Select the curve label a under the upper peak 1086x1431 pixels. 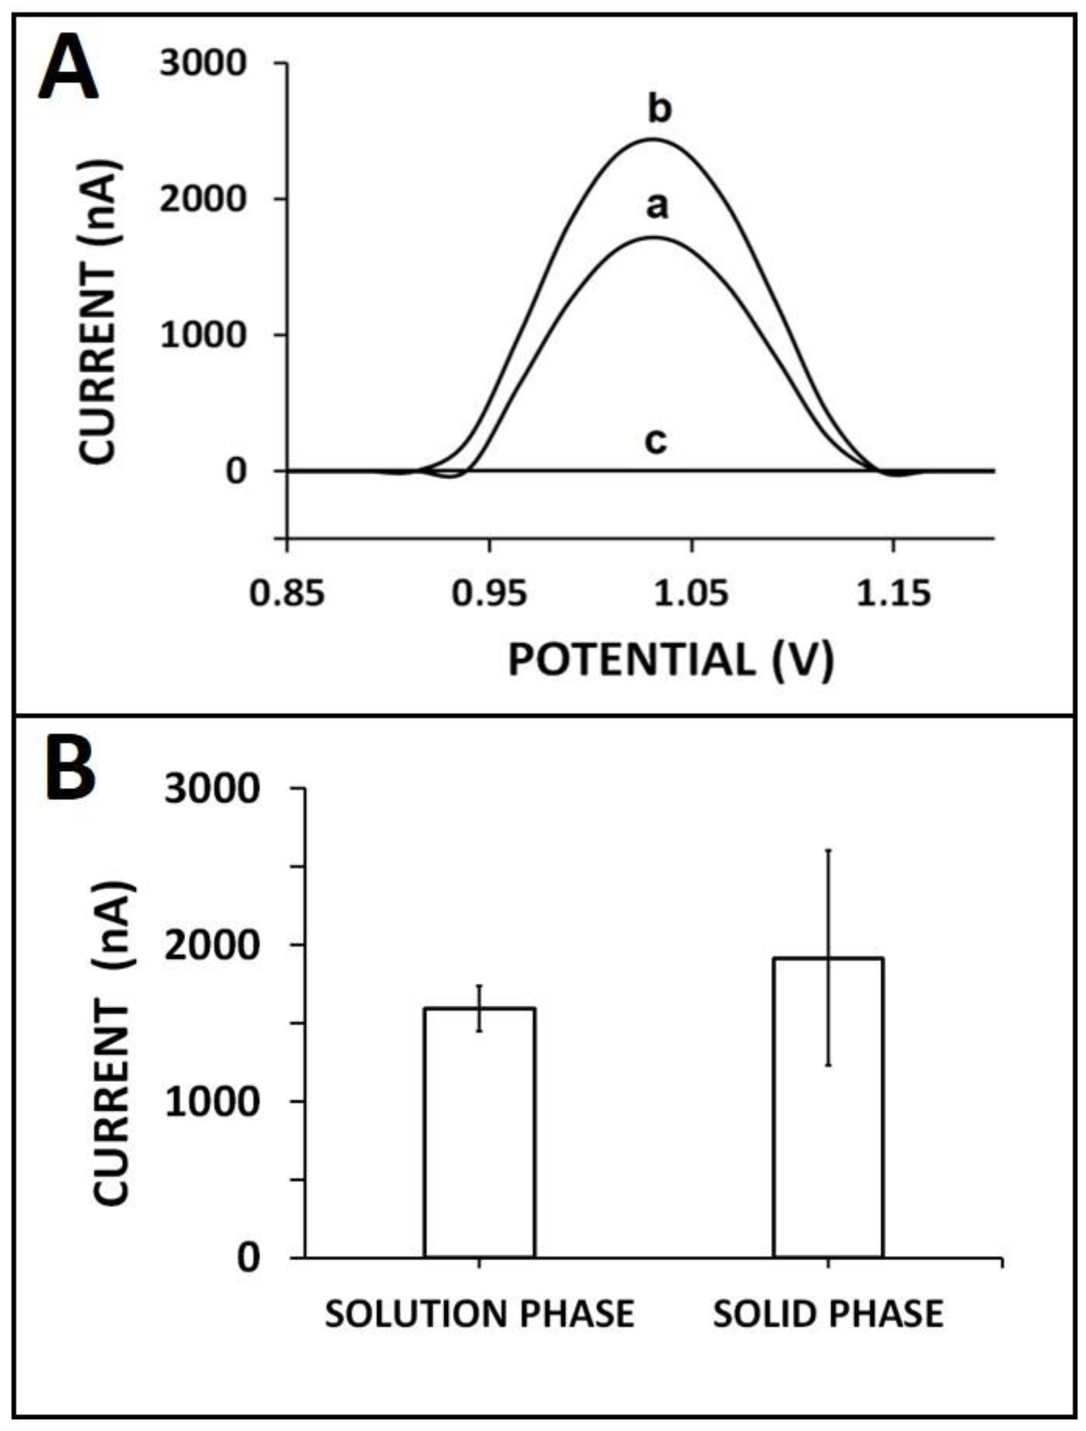(x=657, y=207)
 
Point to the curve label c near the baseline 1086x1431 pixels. (x=655, y=442)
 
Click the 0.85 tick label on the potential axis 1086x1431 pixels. (x=287, y=593)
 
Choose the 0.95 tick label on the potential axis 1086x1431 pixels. (x=489, y=593)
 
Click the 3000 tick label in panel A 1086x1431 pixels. (x=203, y=64)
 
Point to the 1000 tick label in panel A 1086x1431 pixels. (x=203, y=335)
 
